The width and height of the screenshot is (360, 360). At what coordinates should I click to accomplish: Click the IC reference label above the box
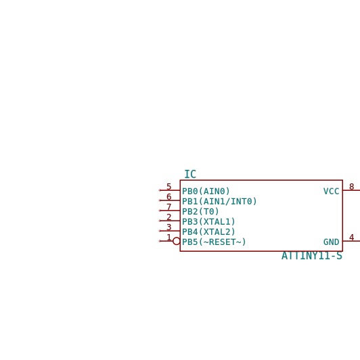(190, 175)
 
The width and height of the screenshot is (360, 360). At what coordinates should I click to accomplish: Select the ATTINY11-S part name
(312, 256)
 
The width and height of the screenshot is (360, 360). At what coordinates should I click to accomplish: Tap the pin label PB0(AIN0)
(206, 192)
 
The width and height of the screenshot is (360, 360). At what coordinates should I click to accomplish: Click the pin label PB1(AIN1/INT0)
(219, 202)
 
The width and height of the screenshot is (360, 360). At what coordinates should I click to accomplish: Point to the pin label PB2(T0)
(200, 211)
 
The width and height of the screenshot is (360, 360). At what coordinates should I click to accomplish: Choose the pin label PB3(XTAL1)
(208, 221)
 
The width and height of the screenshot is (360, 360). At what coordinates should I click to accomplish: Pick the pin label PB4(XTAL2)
(208, 231)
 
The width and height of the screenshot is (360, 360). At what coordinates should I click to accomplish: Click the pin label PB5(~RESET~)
(214, 242)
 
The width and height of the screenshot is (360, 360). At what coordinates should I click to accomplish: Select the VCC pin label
(332, 192)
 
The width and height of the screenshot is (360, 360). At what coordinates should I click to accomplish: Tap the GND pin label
(332, 242)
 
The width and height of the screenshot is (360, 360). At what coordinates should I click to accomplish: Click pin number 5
(169, 187)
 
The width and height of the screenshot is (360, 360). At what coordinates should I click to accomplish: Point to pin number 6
(169, 196)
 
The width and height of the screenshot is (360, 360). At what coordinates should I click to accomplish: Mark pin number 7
(169, 206)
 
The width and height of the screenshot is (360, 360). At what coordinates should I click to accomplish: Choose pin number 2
(169, 217)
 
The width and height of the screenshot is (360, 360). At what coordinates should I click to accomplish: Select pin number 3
(169, 227)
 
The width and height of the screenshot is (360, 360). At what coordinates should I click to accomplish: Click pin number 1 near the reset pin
(169, 237)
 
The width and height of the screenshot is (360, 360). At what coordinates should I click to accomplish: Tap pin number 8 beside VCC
(351, 187)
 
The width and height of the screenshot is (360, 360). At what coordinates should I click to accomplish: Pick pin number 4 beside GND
(351, 237)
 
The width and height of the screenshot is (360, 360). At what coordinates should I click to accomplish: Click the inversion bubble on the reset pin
(177, 238)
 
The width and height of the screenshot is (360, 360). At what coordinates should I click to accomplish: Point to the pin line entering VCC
(351, 190)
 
